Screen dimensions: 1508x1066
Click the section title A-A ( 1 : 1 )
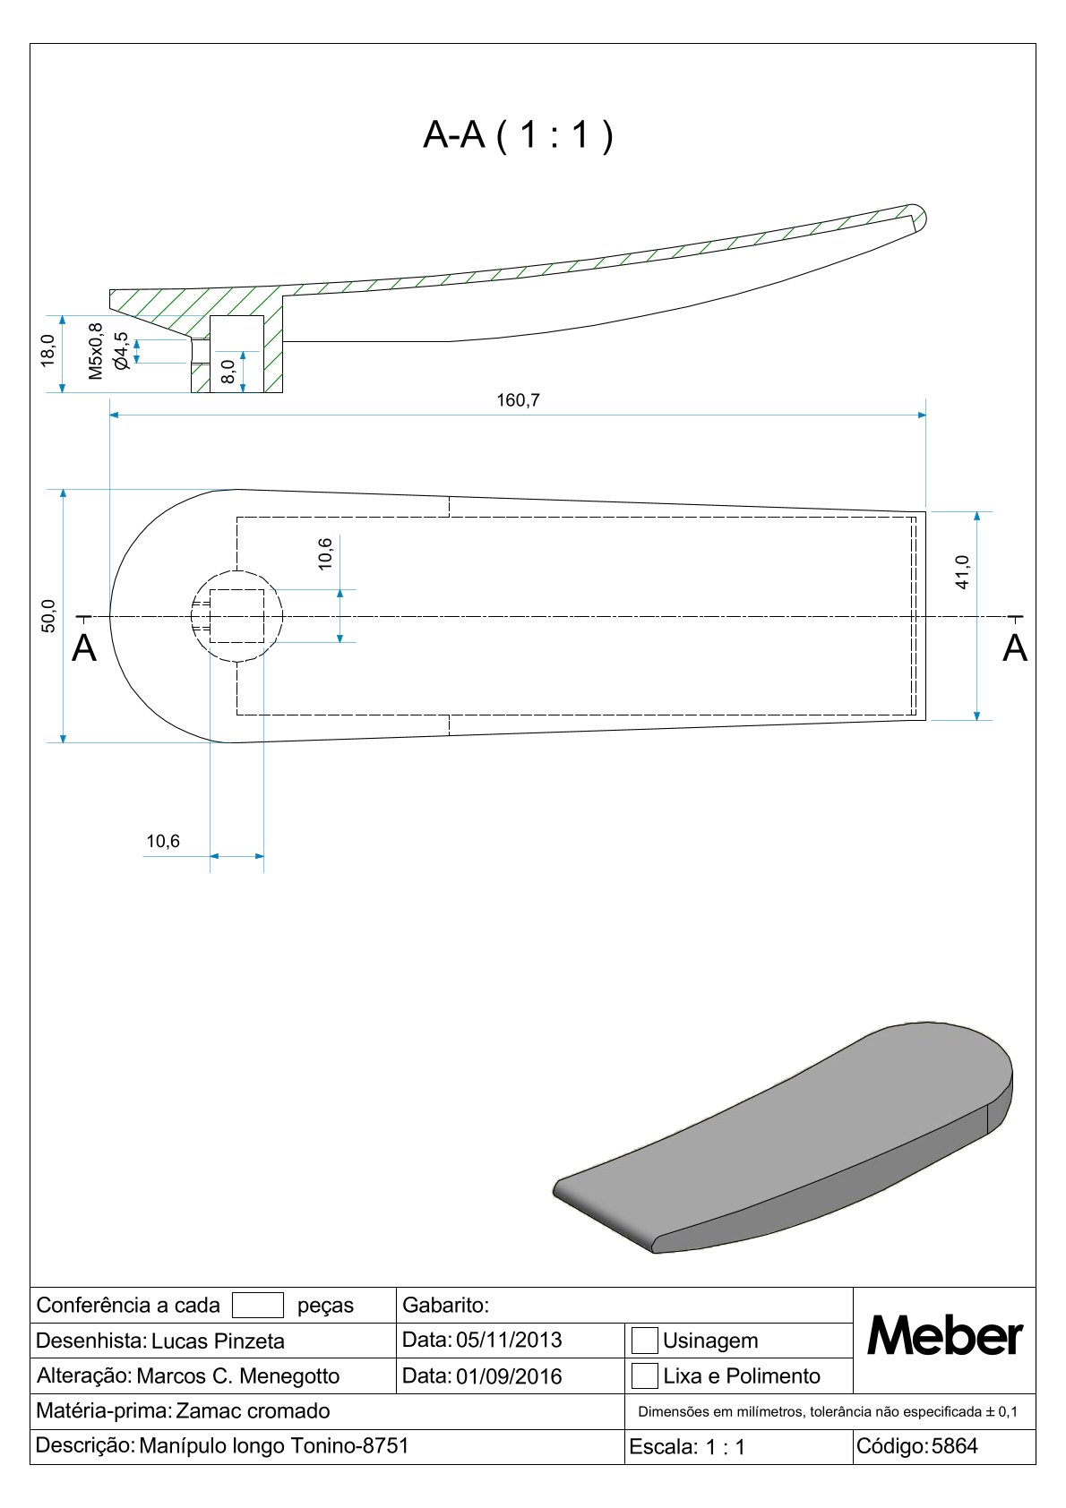point(518,135)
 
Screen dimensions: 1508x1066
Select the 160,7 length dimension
point(518,400)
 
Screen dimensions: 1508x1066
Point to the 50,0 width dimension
point(49,616)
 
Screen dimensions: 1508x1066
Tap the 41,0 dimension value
point(962,571)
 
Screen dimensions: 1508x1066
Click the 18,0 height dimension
point(48,350)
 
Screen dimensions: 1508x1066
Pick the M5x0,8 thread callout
point(96,351)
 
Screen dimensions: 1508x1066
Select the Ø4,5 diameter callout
point(120,351)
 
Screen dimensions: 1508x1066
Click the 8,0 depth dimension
point(228,372)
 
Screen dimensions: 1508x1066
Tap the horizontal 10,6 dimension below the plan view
point(163,841)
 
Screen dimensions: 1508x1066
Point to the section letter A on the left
point(83,648)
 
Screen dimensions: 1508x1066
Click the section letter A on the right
point(1014,648)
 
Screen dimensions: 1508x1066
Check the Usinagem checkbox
point(644,1341)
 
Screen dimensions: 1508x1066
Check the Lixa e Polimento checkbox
point(644,1375)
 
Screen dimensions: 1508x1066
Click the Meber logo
point(944,1337)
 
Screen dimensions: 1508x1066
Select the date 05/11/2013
point(509,1340)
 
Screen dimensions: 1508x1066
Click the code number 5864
point(955,1445)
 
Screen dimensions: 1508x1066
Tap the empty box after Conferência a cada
point(258,1305)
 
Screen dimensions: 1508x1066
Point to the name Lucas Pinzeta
point(218,1341)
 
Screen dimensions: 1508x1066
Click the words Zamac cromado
point(253,1410)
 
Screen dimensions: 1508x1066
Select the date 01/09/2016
point(509,1375)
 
